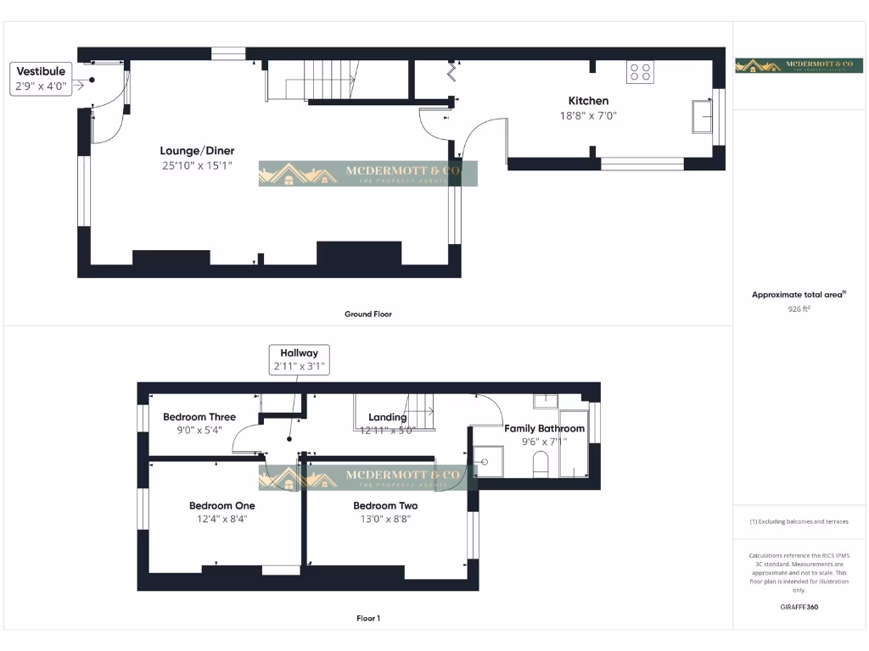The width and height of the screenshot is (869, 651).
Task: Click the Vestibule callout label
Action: (40, 72)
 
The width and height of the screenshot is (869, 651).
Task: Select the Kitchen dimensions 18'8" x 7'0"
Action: (588, 115)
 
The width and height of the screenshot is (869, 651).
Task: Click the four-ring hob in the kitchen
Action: (641, 73)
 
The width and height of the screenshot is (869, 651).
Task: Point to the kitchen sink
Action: (702, 117)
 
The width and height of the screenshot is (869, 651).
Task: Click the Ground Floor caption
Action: (367, 314)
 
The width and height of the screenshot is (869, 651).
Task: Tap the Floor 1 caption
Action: (367, 618)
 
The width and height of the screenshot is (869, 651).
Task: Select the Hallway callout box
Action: (299, 359)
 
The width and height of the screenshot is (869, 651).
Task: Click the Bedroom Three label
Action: (199, 416)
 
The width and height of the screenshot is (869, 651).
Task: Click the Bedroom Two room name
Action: (385, 506)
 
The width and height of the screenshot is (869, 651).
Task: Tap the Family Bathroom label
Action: (544, 428)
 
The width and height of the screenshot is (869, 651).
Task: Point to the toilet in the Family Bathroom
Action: (540, 464)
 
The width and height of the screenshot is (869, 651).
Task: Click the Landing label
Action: (387, 417)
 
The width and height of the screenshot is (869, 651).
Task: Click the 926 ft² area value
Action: (799, 309)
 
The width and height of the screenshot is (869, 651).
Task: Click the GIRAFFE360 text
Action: (799, 607)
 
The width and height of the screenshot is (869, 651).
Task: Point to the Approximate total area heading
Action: (799, 295)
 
